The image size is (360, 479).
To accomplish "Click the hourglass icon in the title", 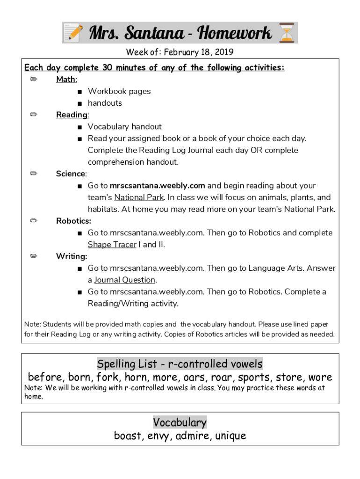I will [x=286, y=33].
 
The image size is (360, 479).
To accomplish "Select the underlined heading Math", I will [x=66, y=80].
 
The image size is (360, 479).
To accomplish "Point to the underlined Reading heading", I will [x=72, y=115].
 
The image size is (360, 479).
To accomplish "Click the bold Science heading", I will [x=71, y=174].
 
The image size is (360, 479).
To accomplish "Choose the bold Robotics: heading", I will [x=73, y=221].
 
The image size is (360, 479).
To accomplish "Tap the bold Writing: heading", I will [x=72, y=256].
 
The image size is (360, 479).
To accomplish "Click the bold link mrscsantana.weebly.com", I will [x=158, y=186].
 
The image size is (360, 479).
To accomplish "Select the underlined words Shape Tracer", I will [x=112, y=245].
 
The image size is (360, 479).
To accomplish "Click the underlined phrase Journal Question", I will [x=124, y=280].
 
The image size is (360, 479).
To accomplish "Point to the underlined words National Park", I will [x=139, y=197].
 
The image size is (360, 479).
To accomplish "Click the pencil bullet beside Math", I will [x=34, y=80].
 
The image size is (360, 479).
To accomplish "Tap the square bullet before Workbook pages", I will [x=80, y=92].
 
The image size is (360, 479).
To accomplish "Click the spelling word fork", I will [x=108, y=377].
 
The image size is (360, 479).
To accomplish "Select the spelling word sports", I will [x=253, y=377].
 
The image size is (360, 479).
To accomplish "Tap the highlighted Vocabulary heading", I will [x=180, y=422].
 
